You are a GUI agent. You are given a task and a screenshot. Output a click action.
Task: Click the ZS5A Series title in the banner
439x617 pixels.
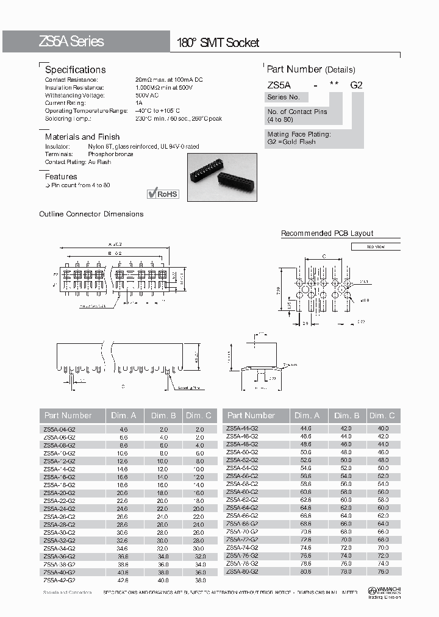coord(71,41)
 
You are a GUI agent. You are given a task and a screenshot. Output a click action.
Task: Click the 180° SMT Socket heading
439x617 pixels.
coord(218,43)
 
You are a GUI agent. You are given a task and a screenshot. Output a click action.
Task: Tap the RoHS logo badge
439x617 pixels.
coord(163,194)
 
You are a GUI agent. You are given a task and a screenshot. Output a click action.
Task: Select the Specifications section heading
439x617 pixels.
coord(75,70)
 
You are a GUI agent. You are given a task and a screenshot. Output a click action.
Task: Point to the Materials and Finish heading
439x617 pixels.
coord(82,137)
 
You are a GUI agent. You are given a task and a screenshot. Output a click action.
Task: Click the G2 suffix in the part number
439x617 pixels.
coord(356,85)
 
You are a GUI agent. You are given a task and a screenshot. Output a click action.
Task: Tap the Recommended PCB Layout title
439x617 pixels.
coord(327,234)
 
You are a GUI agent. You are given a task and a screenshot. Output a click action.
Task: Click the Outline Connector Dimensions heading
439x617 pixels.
coord(91,214)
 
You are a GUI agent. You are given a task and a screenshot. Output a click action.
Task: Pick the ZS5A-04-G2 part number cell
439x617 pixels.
coord(59,429)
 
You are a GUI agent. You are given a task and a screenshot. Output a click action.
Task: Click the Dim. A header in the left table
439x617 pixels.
coord(124,416)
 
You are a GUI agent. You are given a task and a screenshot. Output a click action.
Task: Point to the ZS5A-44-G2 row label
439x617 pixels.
coord(242,429)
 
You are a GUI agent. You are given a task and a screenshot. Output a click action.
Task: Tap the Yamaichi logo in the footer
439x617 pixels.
coord(384,591)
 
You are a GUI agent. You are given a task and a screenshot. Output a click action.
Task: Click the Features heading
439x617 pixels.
coord(61,176)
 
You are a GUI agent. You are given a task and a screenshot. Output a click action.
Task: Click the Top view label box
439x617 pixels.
coord(375,247)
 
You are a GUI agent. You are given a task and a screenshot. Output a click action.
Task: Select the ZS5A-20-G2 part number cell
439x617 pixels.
coord(59,493)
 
